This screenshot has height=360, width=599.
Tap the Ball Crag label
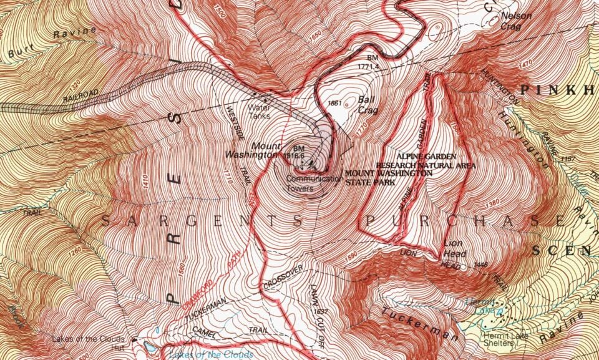click(x=366, y=104)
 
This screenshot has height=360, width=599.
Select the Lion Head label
click(x=454, y=248)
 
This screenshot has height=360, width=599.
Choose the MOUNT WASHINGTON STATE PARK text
click(x=387, y=177)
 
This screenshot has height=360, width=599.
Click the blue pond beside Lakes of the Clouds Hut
click(x=150, y=344)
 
